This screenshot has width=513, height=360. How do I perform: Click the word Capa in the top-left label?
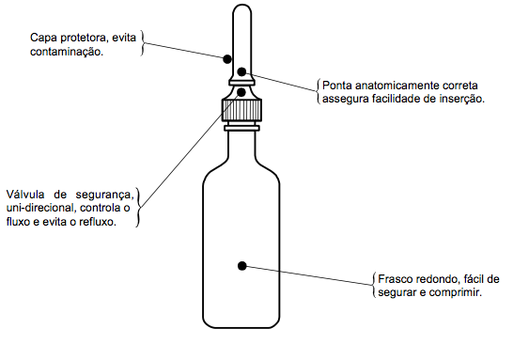tap(42, 39)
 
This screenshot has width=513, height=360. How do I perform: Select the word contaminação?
tap(67, 52)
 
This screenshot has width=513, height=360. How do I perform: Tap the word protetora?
tap(83, 38)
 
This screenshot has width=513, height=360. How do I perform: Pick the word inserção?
tap(460, 99)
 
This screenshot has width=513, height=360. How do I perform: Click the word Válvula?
tap(25, 195)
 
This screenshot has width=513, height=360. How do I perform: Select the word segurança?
tap(104, 196)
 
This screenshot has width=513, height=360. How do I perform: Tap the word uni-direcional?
tap(41, 208)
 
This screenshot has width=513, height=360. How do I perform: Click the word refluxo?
tap(98, 222)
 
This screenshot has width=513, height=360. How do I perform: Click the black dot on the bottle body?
tap(242, 266)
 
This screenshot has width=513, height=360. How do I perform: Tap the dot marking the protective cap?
tap(227, 59)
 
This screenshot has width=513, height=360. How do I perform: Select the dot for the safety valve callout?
tap(241, 93)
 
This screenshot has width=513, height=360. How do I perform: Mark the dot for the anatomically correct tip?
tap(241, 71)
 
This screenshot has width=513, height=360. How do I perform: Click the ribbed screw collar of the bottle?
tap(241, 110)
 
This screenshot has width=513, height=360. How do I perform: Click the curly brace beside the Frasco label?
tap(374, 285)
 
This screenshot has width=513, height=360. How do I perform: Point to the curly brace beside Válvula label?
tap(138, 207)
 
